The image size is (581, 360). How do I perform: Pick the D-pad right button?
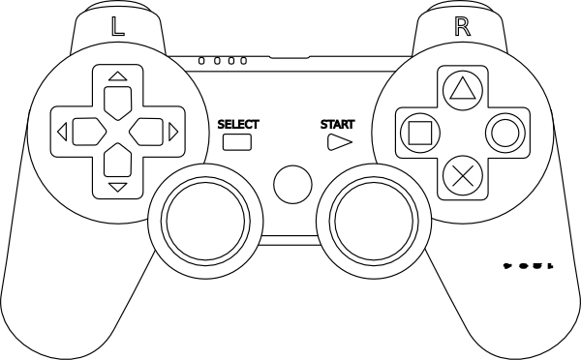[146, 130]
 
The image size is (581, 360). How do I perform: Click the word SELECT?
[238, 124]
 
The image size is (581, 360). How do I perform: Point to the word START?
[337, 124]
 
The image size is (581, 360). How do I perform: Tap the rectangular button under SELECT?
[237, 142]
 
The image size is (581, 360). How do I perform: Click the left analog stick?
[203, 215]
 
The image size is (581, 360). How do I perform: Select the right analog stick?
[375, 215]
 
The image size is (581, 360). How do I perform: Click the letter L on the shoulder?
[118, 26]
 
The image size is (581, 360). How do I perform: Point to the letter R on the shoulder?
[462, 26]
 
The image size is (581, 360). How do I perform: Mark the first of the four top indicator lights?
[200, 61]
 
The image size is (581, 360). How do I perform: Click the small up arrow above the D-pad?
[117, 75]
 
